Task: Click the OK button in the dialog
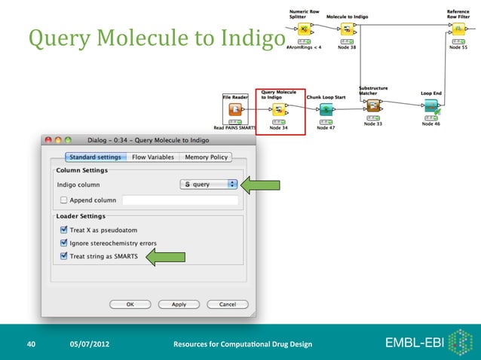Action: [130, 304]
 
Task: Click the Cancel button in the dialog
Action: [227, 304]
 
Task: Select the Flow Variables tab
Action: [153, 157]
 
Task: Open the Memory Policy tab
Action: [205, 157]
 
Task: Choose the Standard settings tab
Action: [96, 157]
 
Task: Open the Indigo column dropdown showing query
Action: [209, 184]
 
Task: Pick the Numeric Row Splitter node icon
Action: [303, 29]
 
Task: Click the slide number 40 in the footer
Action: [31, 344]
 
